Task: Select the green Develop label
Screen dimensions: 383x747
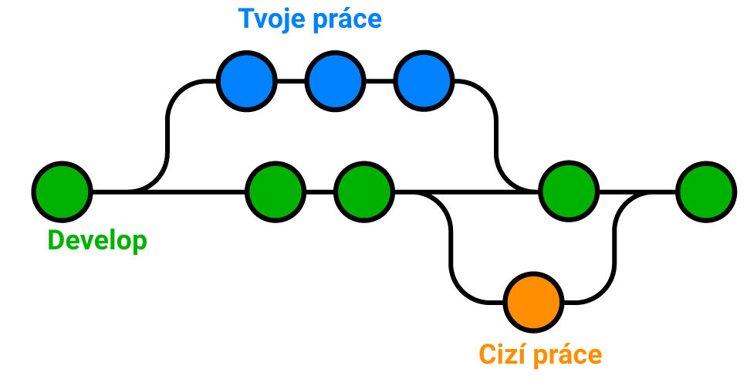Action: [x=97, y=241]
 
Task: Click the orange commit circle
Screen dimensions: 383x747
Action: [x=533, y=301]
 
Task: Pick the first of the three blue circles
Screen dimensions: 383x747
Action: [x=245, y=80]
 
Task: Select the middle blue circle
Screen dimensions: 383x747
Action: [x=334, y=80]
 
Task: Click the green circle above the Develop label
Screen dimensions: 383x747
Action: [x=63, y=191]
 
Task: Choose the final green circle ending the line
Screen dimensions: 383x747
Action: [x=705, y=191]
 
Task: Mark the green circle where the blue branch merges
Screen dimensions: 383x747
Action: [x=569, y=191]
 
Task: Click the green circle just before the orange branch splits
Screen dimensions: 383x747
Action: [x=364, y=191]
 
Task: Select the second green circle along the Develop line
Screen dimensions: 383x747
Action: [x=275, y=191]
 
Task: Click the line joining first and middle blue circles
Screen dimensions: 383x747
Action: [x=290, y=80]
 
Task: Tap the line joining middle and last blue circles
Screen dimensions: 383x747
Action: [x=379, y=80]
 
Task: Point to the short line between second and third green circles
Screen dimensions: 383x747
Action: [x=319, y=191]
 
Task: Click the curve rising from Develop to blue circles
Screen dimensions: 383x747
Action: [x=167, y=131]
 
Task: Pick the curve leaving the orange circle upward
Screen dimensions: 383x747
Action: [x=615, y=247]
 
